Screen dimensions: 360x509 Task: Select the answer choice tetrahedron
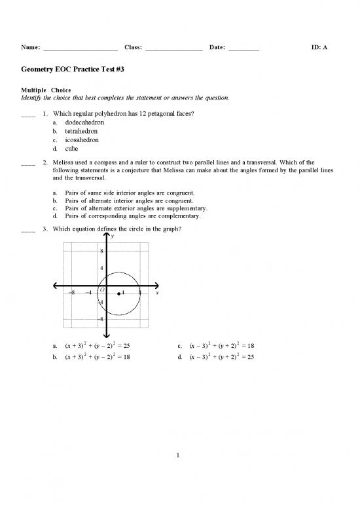click(82, 131)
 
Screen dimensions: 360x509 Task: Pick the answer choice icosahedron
click(82, 140)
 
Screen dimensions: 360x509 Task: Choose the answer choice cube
click(72, 149)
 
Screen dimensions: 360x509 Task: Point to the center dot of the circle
click(118, 294)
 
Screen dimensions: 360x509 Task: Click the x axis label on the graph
click(166, 293)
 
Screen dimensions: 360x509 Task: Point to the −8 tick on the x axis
click(73, 293)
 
